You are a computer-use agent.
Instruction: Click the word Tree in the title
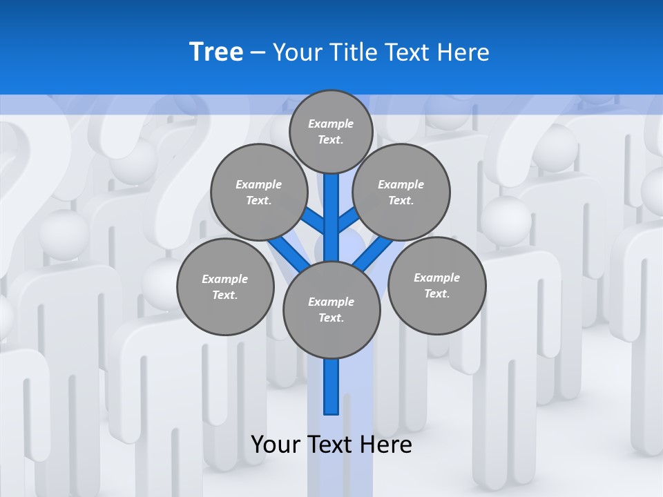216,52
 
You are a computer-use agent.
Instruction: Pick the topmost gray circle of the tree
331,131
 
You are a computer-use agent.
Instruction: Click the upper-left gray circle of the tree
258,192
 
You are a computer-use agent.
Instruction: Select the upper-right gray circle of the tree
401,192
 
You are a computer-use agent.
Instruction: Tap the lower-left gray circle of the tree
225,286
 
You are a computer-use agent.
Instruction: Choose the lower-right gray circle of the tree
436,285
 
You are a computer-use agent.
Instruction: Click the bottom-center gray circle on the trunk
331,309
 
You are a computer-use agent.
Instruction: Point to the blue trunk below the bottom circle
331,387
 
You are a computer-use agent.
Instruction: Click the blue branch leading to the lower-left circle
289,251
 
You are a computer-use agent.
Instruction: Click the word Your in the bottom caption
276,445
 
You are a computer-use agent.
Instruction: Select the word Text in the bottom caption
330,445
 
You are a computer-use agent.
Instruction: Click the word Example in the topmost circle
331,124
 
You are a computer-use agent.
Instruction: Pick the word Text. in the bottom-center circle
331,318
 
